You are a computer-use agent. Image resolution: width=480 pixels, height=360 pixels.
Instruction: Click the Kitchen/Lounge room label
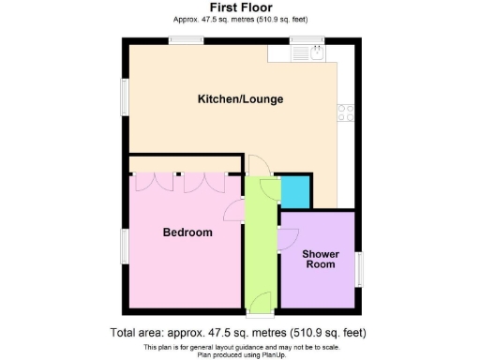[240, 99]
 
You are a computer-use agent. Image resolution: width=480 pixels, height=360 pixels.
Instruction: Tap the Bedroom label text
[187, 232]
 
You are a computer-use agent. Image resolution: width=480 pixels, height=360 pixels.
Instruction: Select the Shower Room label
[319, 258]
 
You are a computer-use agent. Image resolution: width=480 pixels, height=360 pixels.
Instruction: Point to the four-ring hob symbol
[346, 112]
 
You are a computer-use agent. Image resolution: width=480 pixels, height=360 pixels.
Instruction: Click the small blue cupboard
[297, 190]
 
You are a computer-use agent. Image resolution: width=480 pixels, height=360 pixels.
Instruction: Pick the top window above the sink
[306, 39]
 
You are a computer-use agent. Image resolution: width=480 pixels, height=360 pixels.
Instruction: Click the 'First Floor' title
[240, 7]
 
